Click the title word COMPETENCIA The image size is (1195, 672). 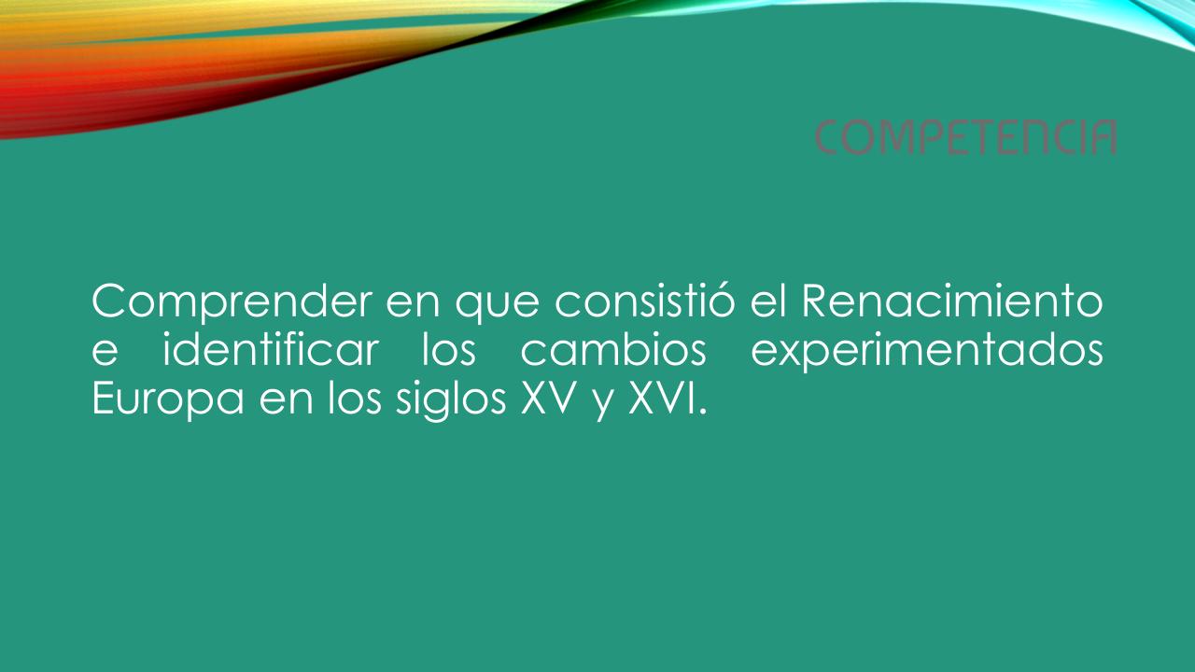pos(966,137)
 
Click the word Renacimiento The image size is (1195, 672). pos(952,301)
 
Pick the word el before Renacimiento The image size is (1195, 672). pos(768,301)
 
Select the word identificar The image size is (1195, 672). pos(271,349)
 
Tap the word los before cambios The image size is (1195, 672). pos(449,349)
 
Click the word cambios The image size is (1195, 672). pos(613,349)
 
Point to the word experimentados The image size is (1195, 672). pos(927,352)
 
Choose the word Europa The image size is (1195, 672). pos(168,400)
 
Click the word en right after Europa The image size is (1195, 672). pos(286,402)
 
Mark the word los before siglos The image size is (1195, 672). pos(355,398)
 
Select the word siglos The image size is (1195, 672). pos(451,400)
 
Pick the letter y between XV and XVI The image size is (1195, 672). pos(603,405)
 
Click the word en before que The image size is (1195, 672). pos(414,304)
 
